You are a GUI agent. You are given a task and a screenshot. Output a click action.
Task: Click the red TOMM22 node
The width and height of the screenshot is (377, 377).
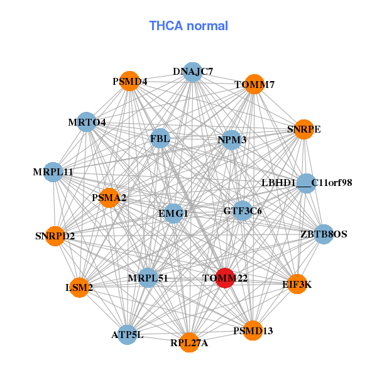[225, 278]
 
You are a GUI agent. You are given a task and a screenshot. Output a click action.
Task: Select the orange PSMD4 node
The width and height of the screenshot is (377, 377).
[129, 81]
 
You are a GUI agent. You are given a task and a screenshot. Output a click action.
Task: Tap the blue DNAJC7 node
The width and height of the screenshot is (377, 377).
[192, 72]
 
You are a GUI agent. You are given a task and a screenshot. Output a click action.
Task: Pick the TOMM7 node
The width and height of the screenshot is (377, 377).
[254, 84]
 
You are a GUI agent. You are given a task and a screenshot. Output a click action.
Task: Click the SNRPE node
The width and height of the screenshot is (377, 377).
[303, 129]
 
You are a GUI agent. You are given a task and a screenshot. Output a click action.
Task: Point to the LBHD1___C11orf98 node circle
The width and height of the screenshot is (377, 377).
[306, 183]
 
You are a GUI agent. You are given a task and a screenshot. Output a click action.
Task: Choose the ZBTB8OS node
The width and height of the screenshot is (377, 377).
[323, 234]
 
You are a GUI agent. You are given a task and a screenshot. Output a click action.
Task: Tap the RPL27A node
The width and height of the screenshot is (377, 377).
[189, 342]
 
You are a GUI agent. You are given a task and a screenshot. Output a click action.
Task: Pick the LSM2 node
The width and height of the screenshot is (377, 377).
[79, 287]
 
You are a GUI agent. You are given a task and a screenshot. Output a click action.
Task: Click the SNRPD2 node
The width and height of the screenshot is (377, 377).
[55, 236]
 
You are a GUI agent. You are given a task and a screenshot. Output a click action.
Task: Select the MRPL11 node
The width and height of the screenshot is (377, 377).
[54, 172]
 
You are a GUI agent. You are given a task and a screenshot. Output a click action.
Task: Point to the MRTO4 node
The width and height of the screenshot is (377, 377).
[87, 121]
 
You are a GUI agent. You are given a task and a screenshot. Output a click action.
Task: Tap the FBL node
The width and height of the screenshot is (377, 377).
[160, 139]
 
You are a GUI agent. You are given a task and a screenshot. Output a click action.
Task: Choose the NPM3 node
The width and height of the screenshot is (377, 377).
[232, 139]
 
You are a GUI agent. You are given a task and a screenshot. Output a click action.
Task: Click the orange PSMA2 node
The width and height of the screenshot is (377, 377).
[109, 197]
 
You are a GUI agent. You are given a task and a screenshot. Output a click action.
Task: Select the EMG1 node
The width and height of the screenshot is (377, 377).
[173, 214]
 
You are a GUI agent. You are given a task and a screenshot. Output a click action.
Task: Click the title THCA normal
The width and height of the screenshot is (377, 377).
[188, 26]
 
